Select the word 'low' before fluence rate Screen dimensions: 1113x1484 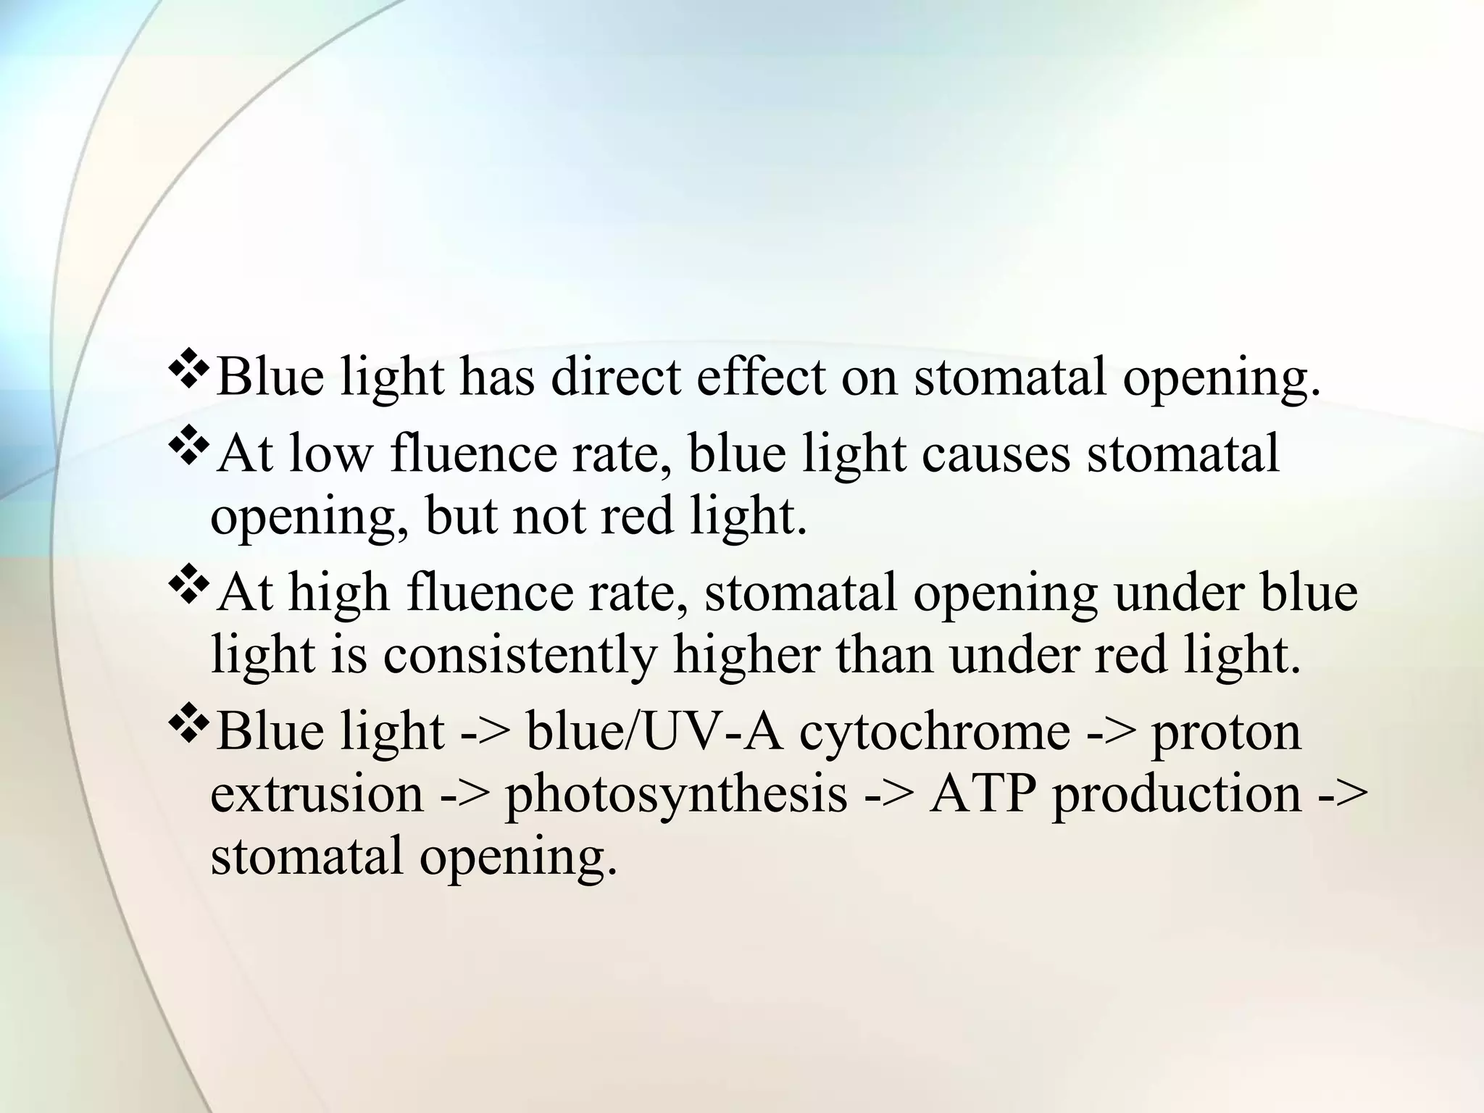coord(330,454)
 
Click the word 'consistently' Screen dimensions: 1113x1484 coord(520,655)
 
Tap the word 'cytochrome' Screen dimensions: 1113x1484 coord(935,732)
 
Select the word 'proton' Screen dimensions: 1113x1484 coord(1226,732)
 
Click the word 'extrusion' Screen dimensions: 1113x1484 coord(317,794)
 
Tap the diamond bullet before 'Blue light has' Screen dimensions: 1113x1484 coord(188,375)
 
